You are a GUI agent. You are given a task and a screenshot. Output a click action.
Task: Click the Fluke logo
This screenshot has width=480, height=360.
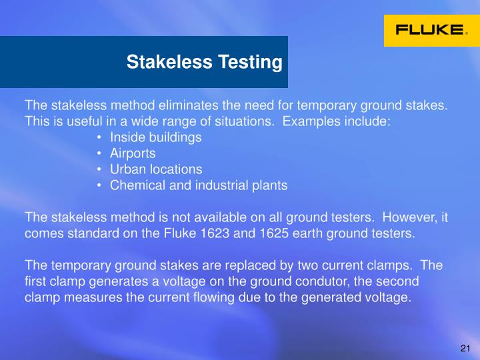pos(431,30)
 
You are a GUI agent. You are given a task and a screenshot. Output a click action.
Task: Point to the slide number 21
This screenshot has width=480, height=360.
pos(465,349)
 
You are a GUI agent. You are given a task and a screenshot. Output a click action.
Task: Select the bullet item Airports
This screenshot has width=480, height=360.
pos(133,153)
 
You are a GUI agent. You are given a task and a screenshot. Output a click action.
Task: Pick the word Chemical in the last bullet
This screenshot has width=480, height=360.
pos(135,185)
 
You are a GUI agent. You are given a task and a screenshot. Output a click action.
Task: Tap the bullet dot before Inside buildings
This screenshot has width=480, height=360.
pos(99,137)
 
